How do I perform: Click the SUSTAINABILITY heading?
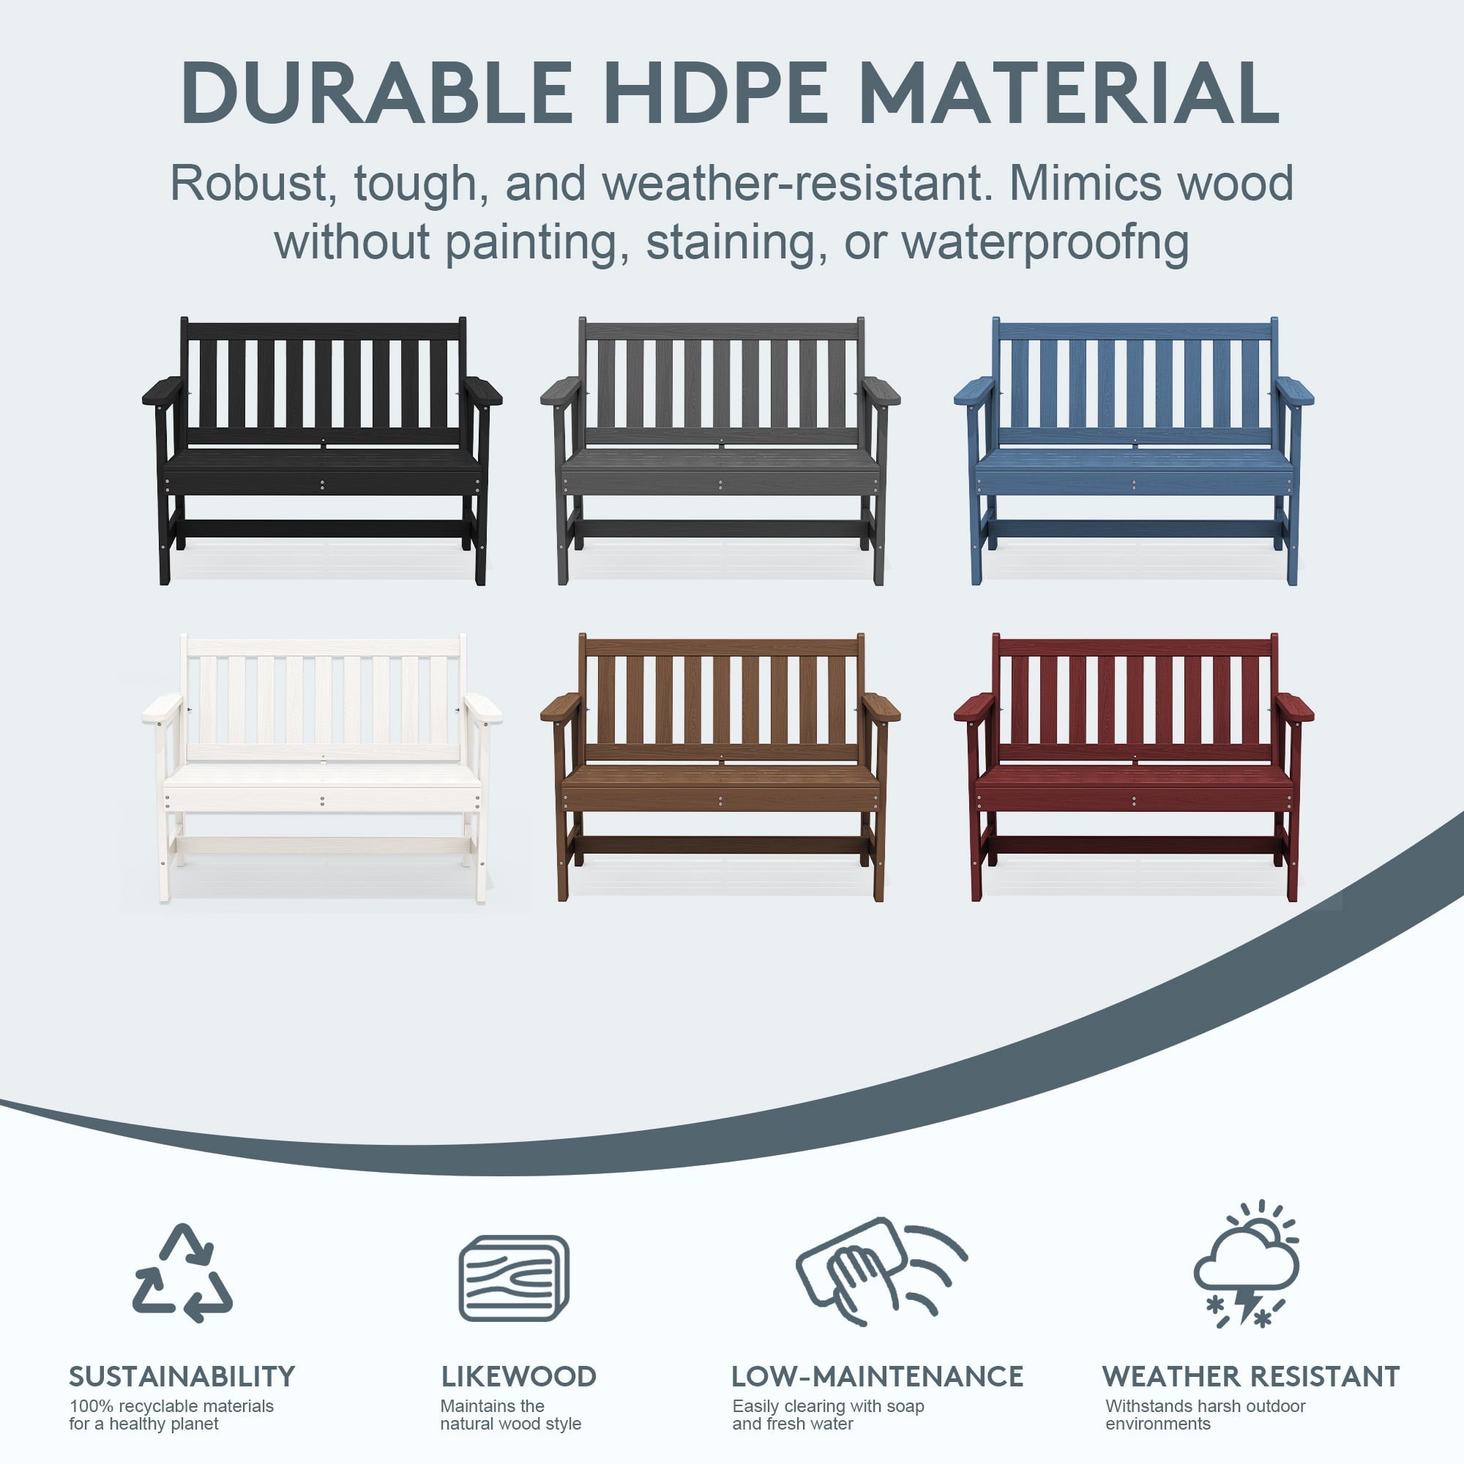(182, 1376)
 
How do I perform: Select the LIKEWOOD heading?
(518, 1376)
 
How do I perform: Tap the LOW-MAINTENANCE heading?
(877, 1376)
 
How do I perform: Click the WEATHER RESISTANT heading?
(1250, 1376)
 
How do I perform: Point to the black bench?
(322, 451)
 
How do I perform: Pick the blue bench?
(1134, 451)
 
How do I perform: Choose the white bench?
(322, 768)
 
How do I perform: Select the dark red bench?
(1134, 768)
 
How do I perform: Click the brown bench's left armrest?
(561, 707)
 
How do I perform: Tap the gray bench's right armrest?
(881, 391)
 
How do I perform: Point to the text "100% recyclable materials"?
(172, 1405)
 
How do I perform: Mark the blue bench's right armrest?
(1293, 391)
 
